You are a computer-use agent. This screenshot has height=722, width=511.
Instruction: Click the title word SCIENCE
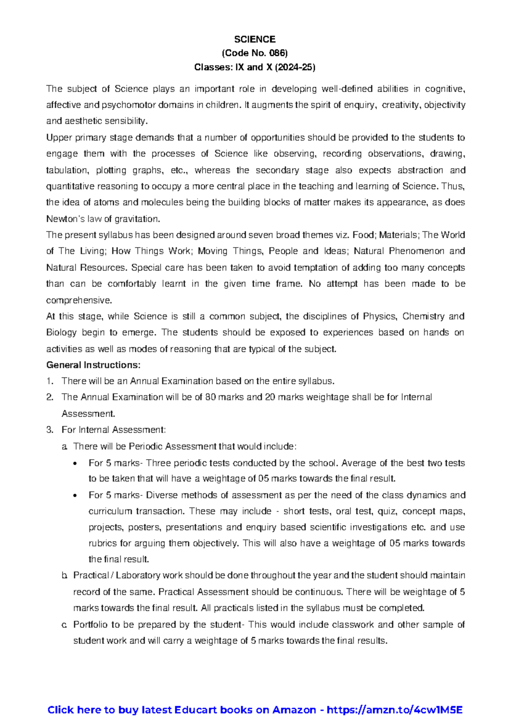pos(255,39)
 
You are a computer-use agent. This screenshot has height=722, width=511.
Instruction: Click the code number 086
pos(278,53)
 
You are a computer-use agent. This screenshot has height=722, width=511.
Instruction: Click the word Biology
pos(61,332)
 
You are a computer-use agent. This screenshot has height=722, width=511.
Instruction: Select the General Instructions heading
pos(93,365)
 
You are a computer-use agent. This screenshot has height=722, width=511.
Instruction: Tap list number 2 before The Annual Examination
pos(49,397)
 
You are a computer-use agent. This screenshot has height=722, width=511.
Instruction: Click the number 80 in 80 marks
pos(210,397)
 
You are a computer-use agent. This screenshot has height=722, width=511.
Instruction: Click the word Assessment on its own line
pos(88,414)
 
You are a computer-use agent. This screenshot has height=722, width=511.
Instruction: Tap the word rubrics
pos(102,544)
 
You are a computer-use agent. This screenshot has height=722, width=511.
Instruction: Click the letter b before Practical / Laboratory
pos(64,576)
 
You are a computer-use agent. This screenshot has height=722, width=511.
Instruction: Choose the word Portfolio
pos(90,625)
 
